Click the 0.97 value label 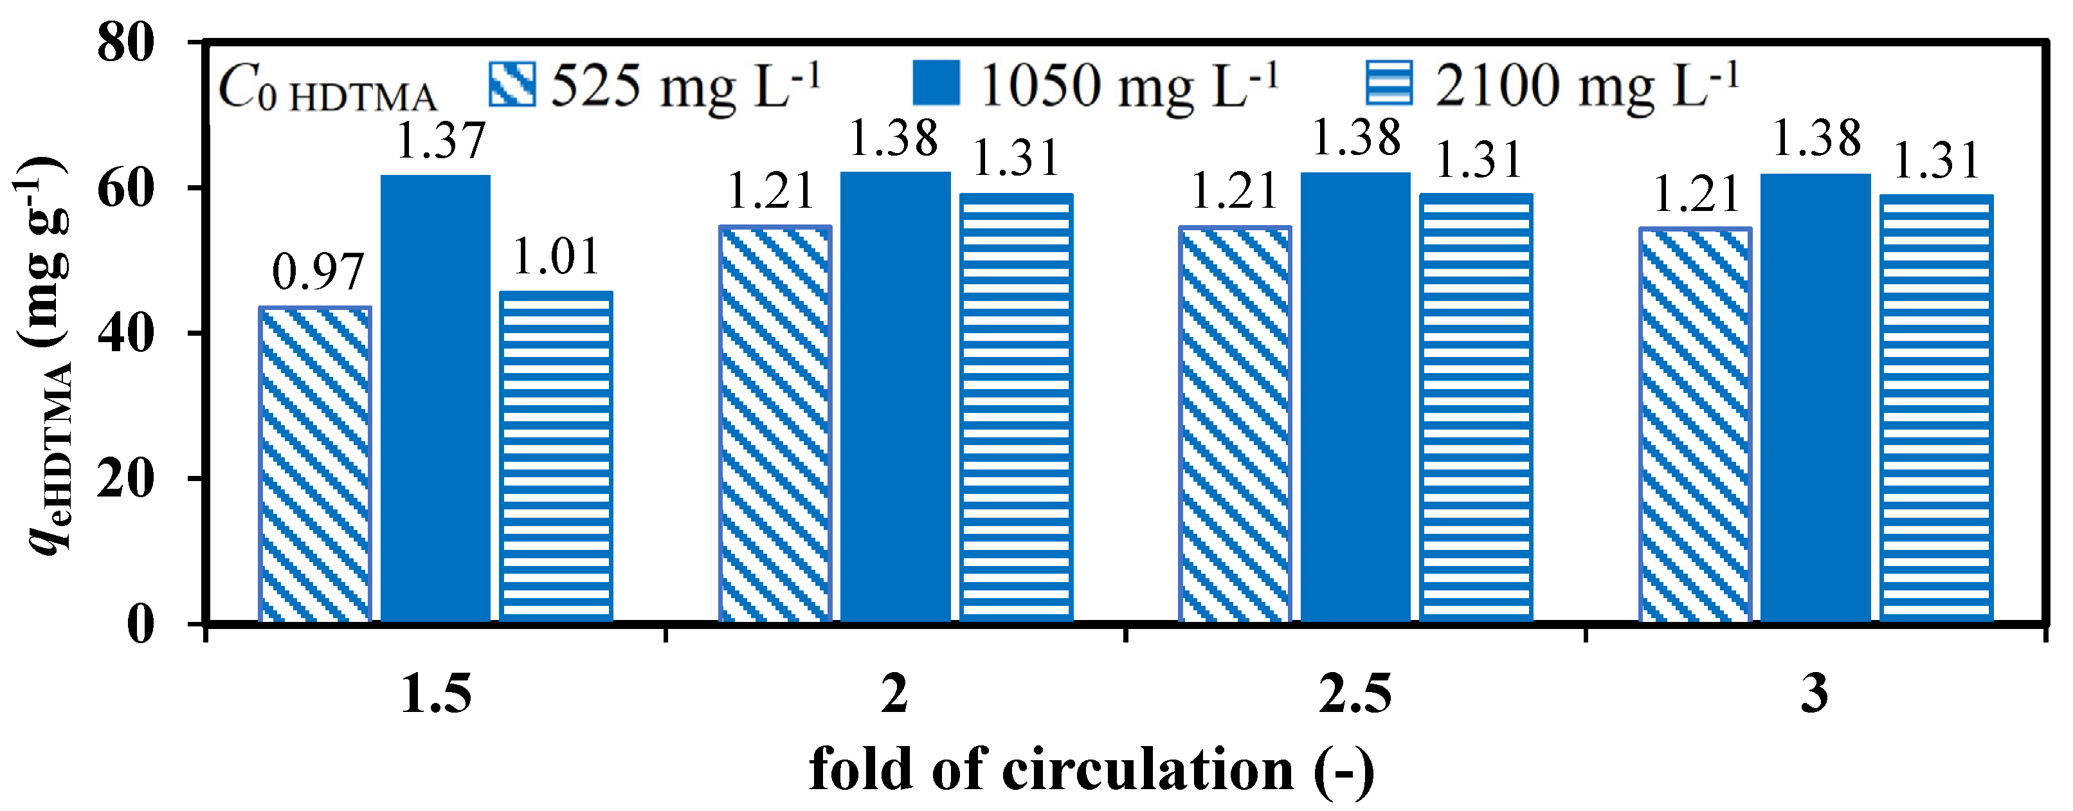point(318,272)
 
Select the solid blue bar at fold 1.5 point(435,398)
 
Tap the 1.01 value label point(556,257)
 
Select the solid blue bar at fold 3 point(1816,397)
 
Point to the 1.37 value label point(441,140)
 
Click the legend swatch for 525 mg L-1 point(512,84)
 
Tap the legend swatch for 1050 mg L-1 point(936,83)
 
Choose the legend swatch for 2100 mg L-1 point(1389,83)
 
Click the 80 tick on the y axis point(125,42)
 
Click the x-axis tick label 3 point(1815,695)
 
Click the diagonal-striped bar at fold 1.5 point(314,464)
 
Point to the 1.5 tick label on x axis point(435,695)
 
